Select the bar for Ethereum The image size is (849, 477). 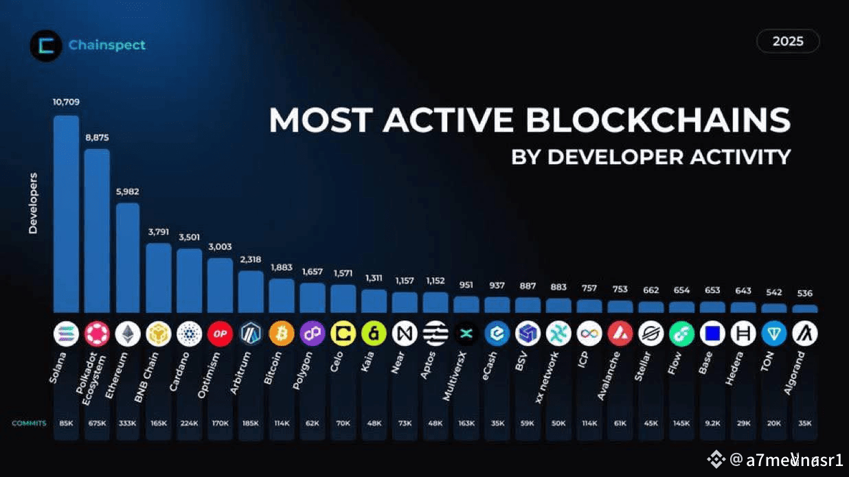pyautogui.click(x=128, y=257)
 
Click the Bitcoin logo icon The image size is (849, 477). pyautogui.click(x=282, y=334)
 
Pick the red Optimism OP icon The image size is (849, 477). pyautogui.click(x=220, y=334)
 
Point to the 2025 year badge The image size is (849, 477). pyautogui.click(x=788, y=41)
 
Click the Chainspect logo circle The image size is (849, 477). pyautogui.click(x=46, y=46)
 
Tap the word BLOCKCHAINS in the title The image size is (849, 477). pyautogui.click(x=658, y=121)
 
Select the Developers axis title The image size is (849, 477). pyautogui.click(x=33, y=203)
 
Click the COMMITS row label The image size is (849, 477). pyautogui.click(x=29, y=423)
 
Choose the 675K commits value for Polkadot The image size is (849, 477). pyautogui.click(x=97, y=423)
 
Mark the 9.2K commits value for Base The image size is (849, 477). pyautogui.click(x=712, y=423)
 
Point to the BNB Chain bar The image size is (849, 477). pyautogui.click(x=159, y=278)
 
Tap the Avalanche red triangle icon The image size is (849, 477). pyautogui.click(x=620, y=334)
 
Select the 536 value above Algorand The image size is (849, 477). pyautogui.click(x=804, y=294)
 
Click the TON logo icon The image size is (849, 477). pyautogui.click(x=774, y=334)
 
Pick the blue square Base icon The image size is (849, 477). pyautogui.click(x=712, y=334)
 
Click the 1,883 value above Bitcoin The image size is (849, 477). pyautogui.click(x=282, y=268)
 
